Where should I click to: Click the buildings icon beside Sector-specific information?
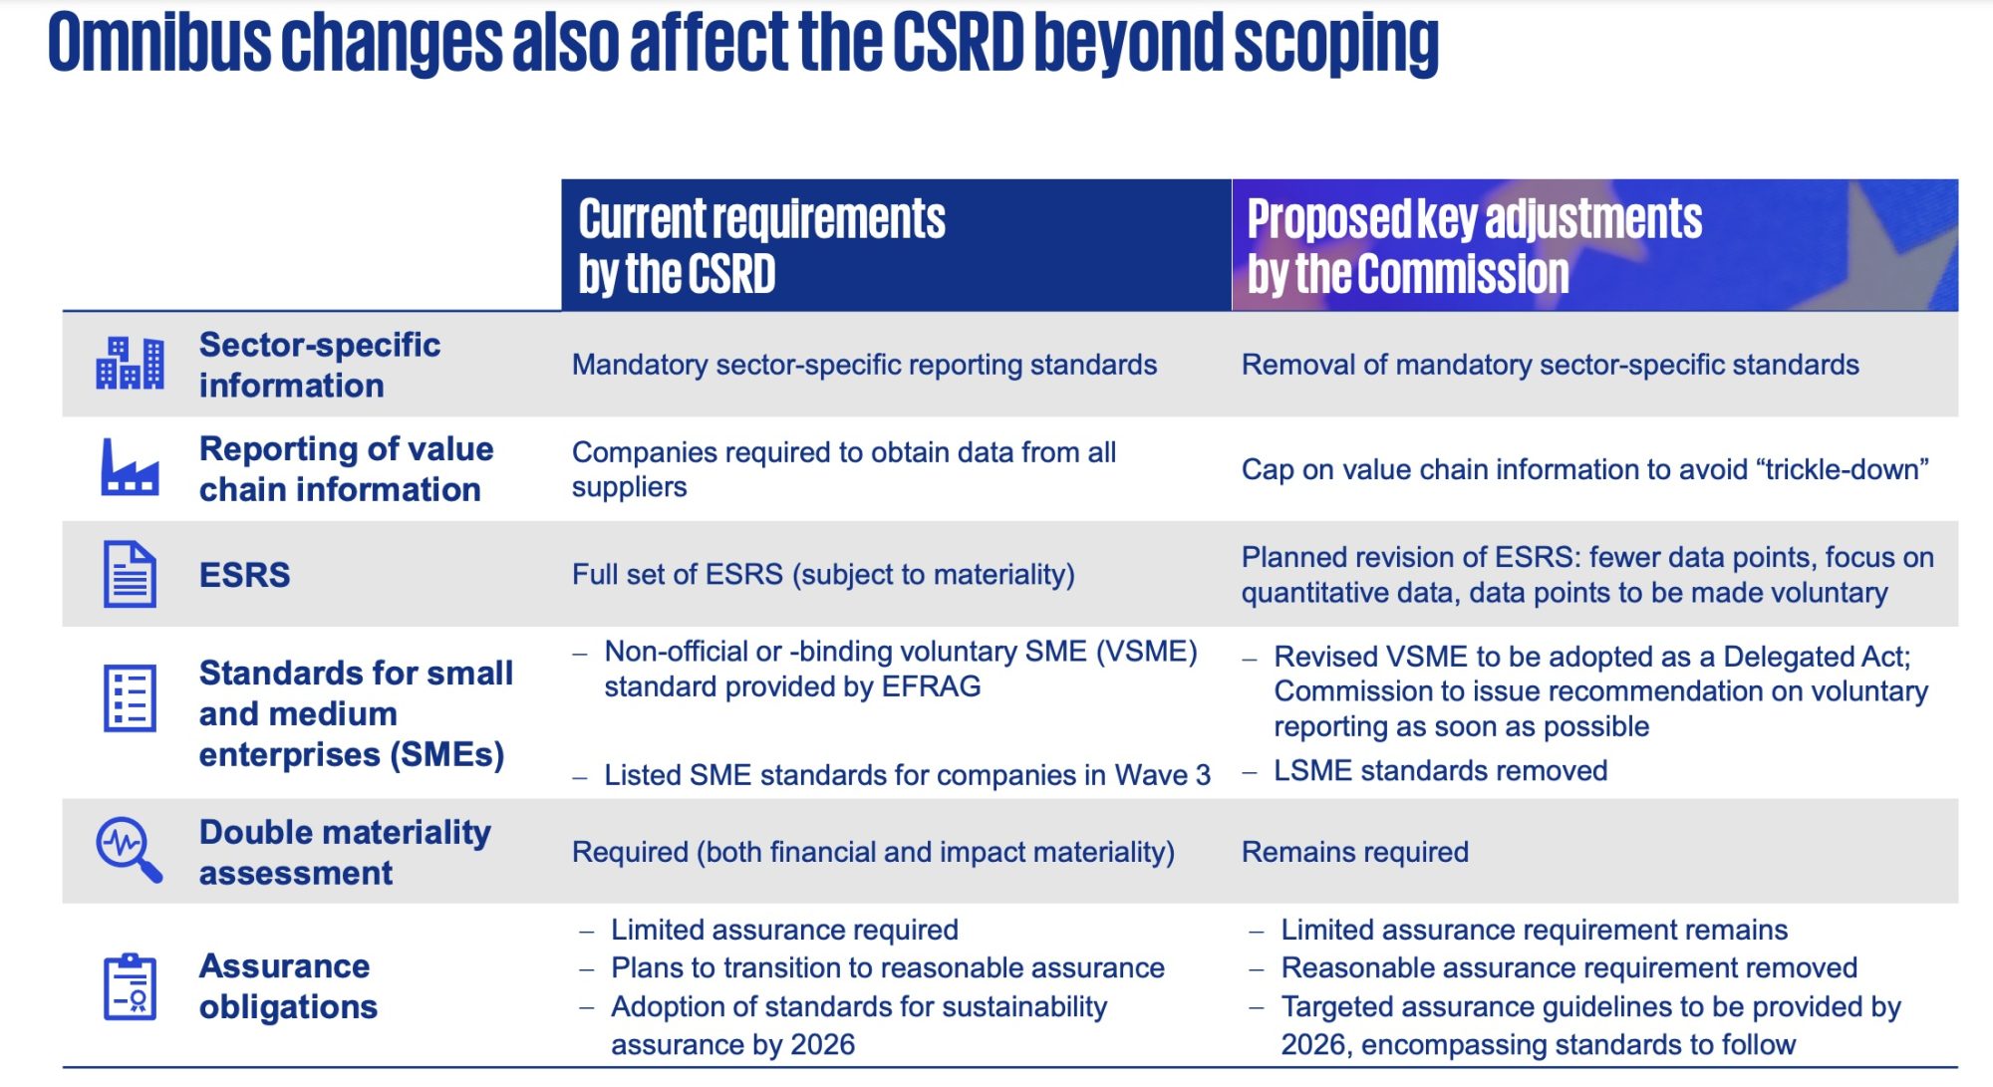tap(130, 364)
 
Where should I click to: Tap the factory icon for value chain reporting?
tap(130, 467)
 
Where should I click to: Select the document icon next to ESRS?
tap(130, 574)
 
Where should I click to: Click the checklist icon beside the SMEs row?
tap(130, 697)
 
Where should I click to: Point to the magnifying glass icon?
tap(129, 850)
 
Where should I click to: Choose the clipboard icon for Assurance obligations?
tap(130, 986)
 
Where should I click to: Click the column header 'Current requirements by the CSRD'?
tap(761, 246)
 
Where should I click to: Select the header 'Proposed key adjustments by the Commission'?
tap(1474, 246)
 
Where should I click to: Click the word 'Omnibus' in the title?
tap(159, 45)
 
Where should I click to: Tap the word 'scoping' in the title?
tap(1336, 45)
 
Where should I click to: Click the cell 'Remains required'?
tap(1354, 852)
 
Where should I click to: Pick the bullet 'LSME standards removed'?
tap(1440, 771)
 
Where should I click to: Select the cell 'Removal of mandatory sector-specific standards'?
tap(1550, 365)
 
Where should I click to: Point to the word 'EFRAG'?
tap(931, 686)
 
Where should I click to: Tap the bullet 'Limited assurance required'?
tap(784, 930)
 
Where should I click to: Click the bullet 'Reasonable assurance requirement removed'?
tap(1568, 967)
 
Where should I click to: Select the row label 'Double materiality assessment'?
tap(345, 852)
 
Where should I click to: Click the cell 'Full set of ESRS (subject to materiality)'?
tap(823, 575)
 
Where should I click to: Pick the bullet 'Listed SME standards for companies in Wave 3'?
tap(907, 775)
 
